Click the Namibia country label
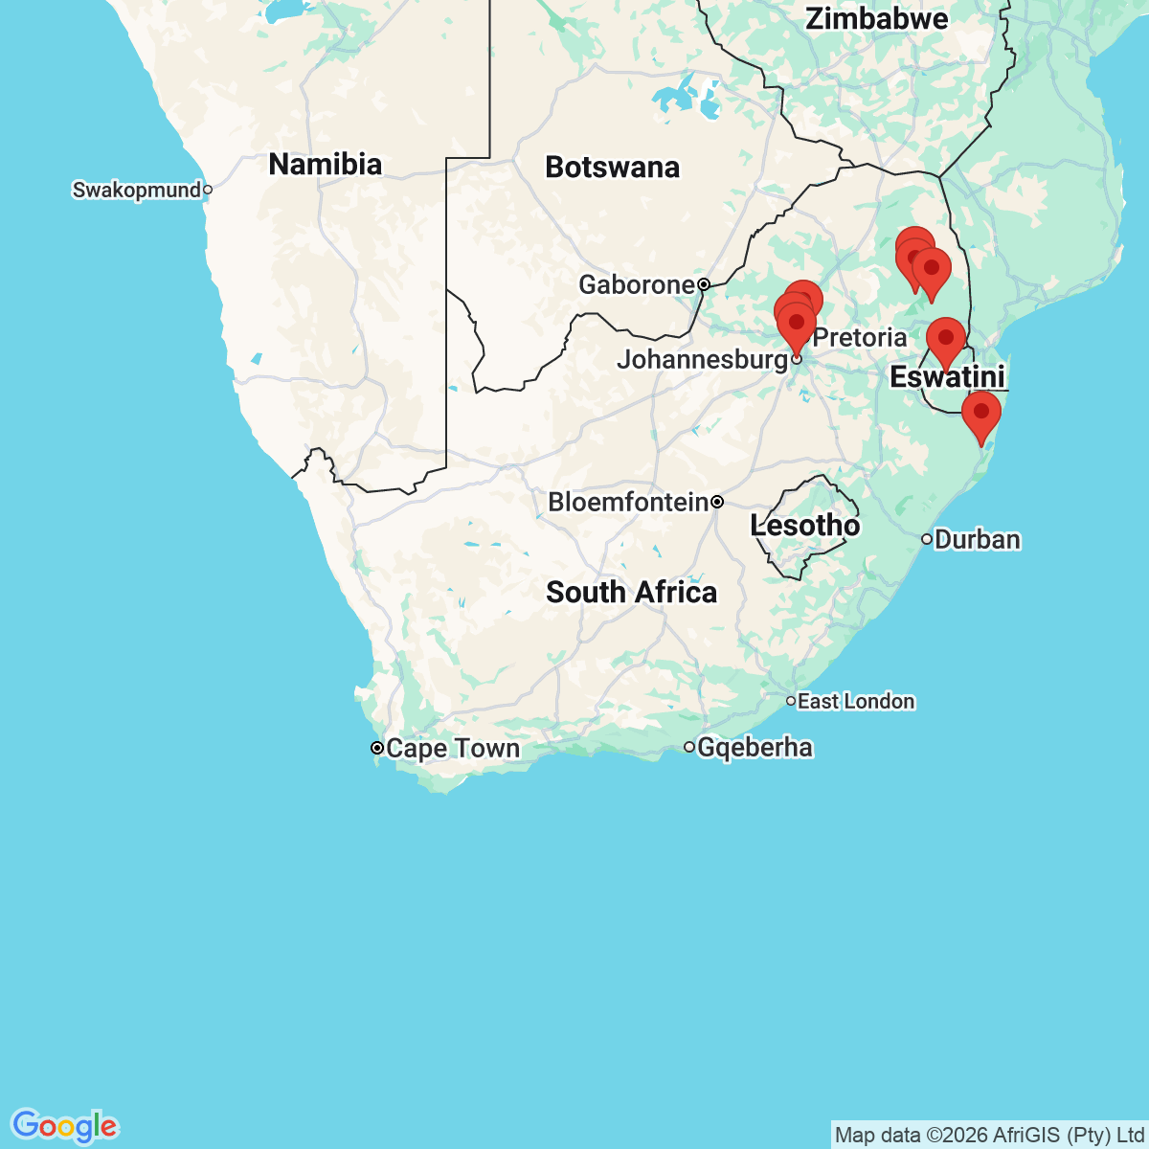325,165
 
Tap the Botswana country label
612,168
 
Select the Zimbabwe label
876,19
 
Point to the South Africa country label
631,593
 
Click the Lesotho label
804,526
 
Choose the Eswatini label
947,377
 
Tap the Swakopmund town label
137,190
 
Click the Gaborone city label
637,284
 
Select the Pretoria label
860,337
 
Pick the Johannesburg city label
702,360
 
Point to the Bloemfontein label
628,502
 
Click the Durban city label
977,540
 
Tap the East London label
856,702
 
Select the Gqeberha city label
755,747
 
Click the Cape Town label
453,748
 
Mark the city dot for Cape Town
377,748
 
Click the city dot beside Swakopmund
207,190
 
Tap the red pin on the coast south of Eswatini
980,415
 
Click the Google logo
64,1126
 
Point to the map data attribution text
990,1136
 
